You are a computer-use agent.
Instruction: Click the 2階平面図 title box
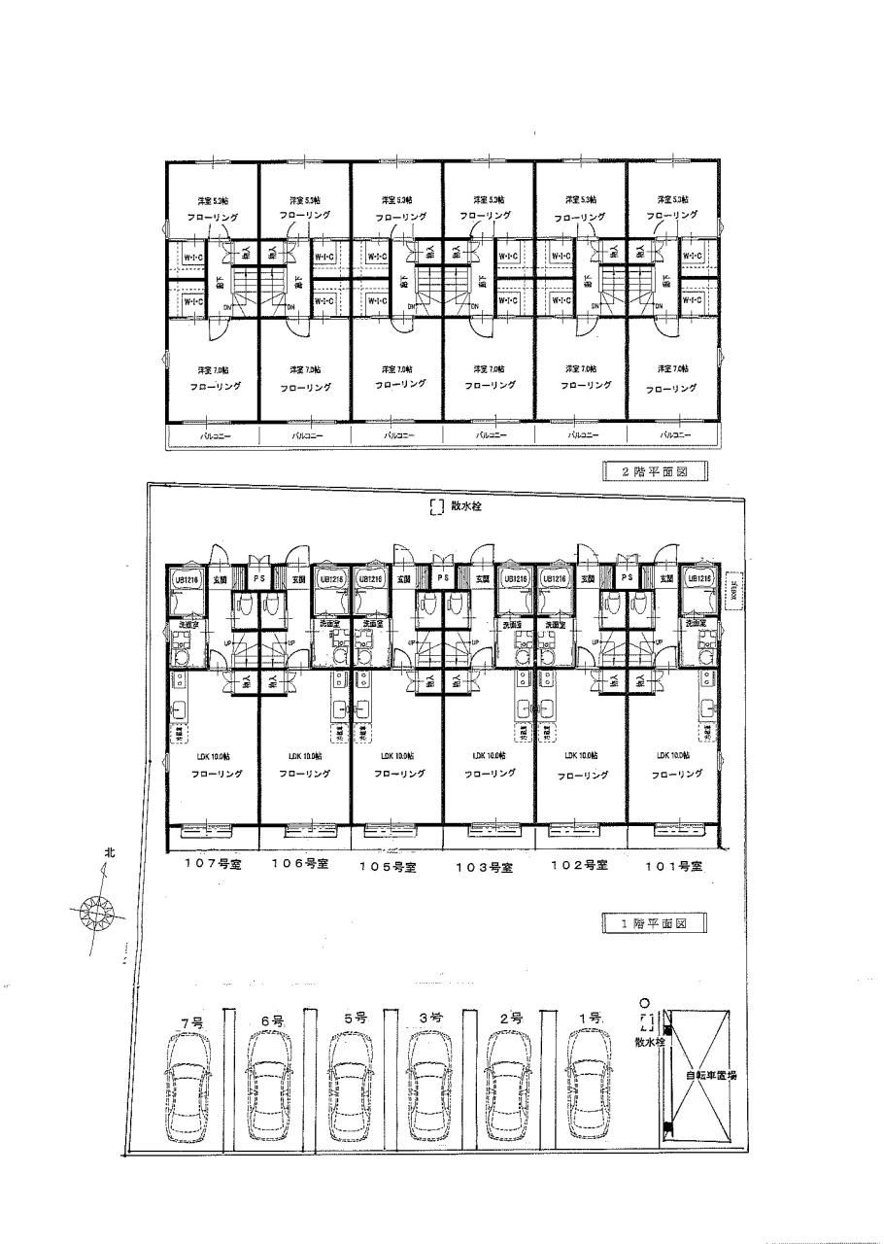coord(653,471)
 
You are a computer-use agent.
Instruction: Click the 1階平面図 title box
coord(653,924)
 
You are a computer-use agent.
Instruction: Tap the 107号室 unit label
coord(205,863)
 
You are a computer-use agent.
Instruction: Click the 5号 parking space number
coord(354,1018)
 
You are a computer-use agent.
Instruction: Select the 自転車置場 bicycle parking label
coord(710,1075)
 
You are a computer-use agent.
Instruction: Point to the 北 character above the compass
coord(110,852)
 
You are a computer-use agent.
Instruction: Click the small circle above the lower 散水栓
coord(643,1003)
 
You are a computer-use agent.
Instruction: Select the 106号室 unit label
coord(297,864)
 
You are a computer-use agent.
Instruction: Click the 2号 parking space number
coord(511,1019)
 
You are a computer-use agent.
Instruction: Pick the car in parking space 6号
coord(271,1086)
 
